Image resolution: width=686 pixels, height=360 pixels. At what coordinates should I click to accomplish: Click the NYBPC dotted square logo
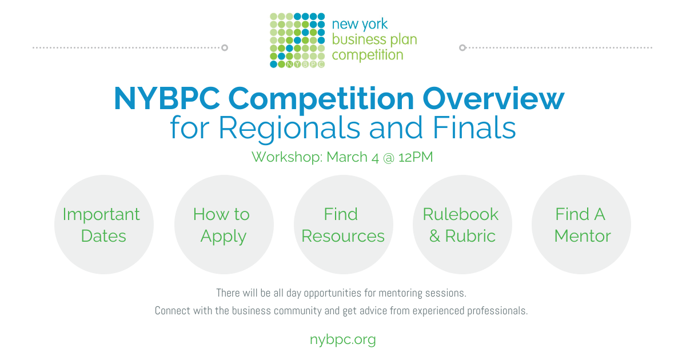pyautogui.click(x=297, y=40)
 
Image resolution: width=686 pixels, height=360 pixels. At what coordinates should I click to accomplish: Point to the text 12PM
pyautogui.click(x=416, y=157)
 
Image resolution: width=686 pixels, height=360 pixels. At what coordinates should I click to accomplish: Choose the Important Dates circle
pyautogui.click(x=104, y=225)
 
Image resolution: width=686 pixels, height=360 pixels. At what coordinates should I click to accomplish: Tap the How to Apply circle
pyautogui.click(x=224, y=225)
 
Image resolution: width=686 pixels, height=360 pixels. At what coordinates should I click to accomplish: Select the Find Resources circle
pyautogui.click(x=343, y=225)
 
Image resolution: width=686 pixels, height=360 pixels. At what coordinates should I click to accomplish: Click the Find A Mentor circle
pyautogui.click(x=581, y=225)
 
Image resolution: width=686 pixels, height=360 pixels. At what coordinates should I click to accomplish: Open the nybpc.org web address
pyautogui.click(x=343, y=339)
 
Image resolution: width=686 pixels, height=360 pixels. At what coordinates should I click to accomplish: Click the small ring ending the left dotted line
pyautogui.click(x=225, y=47)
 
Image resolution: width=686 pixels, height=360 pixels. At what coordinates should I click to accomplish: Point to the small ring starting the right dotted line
pyautogui.click(x=462, y=47)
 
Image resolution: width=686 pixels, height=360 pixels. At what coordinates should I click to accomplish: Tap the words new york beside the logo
pyautogui.click(x=360, y=25)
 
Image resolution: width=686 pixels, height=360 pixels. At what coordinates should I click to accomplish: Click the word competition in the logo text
pyautogui.click(x=368, y=55)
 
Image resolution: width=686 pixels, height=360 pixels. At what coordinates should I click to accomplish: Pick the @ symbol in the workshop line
pyautogui.click(x=389, y=157)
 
